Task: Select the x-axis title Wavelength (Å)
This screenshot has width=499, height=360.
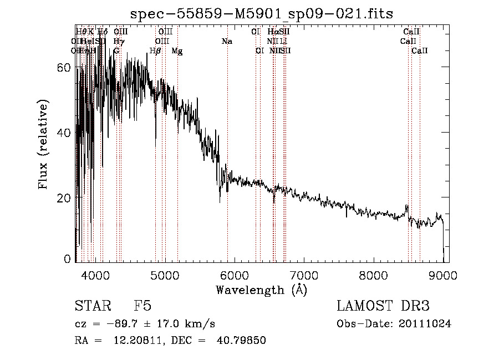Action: coord(261,290)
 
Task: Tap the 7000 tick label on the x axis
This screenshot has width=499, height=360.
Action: coord(304,275)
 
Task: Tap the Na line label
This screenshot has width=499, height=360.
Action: coord(227,42)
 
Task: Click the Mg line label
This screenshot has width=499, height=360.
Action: coord(177,51)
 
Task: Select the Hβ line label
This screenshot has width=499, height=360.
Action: coord(155,51)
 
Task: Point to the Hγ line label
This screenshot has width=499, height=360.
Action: coord(118,42)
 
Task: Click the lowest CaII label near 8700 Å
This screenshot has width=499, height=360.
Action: coord(420,51)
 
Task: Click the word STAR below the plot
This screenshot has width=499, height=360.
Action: coord(92,306)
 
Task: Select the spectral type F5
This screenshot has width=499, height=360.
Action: coord(142,306)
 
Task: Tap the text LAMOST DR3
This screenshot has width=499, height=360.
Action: coord(383,306)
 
